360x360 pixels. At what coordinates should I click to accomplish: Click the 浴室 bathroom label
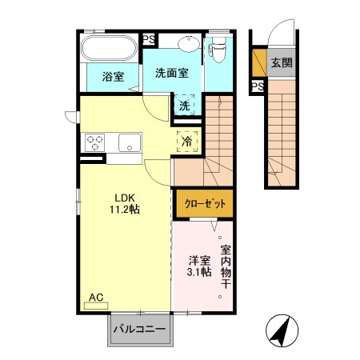[113, 77]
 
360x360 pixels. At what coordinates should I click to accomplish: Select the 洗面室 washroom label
[172, 73]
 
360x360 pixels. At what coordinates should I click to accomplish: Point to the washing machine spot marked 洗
[185, 105]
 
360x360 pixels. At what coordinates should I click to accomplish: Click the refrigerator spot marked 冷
[186, 140]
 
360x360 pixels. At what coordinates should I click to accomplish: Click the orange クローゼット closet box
[204, 204]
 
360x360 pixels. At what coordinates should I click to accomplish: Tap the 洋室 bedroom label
[200, 261]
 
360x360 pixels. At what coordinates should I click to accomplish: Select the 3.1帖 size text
[200, 273]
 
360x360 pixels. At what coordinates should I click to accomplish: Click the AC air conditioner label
[96, 298]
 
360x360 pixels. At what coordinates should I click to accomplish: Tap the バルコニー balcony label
[139, 329]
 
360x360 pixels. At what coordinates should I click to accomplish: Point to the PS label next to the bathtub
[149, 38]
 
